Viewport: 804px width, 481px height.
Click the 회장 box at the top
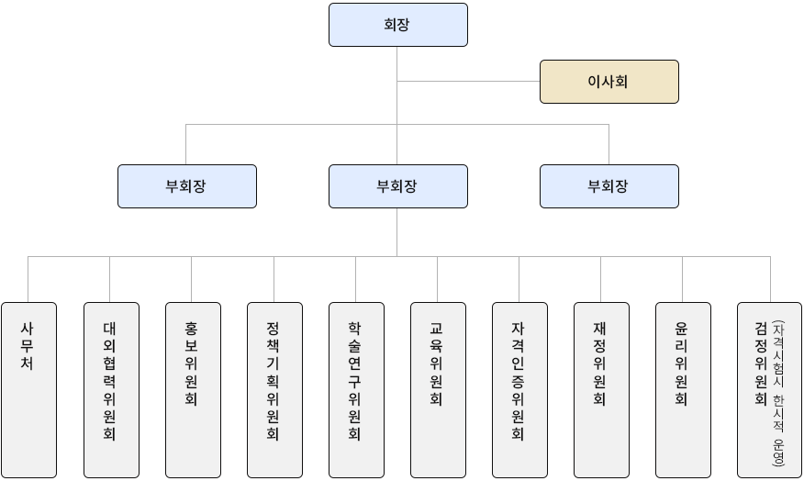pos(397,25)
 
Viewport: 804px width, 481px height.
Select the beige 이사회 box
pos(609,82)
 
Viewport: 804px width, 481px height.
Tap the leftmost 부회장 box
pos(186,186)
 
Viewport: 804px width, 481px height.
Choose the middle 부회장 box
pos(397,186)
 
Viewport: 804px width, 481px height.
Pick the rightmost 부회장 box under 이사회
pos(609,186)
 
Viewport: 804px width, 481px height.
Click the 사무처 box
pos(28,390)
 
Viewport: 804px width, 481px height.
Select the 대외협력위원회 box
pos(111,390)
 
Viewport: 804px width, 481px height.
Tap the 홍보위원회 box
pos(193,390)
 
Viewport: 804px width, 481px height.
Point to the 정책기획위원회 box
pos(274,390)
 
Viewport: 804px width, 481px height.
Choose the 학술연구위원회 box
pos(356,390)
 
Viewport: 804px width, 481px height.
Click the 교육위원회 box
pos(438,390)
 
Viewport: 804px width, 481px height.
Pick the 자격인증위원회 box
pos(519,390)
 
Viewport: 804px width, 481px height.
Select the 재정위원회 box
pos(601,390)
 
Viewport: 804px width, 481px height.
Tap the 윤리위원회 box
pos(683,390)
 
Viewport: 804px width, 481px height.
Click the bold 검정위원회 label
pos(760,364)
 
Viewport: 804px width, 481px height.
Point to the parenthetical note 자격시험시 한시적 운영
pos(778,393)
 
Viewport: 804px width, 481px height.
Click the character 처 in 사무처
pos(28,364)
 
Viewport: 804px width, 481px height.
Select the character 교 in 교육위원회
pos(437,329)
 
